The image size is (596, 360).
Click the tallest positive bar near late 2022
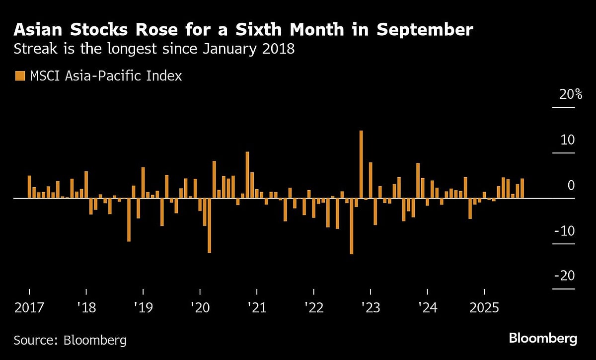[361, 164]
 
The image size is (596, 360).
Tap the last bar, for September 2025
[522, 188]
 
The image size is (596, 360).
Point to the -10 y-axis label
[564, 231]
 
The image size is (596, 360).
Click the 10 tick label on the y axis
[568, 140]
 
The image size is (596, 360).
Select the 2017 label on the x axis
[29, 308]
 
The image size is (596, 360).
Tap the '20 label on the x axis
[200, 308]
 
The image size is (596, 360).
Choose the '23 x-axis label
[371, 308]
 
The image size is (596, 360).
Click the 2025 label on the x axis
[484, 308]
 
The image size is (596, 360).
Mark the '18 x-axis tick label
[86, 308]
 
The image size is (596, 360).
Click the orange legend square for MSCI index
[20, 76]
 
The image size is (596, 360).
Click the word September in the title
[425, 30]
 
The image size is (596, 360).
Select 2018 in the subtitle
[277, 50]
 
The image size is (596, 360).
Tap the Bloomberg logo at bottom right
[543, 339]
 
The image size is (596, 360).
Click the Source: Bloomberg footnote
[70, 340]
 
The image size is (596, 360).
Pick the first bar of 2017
[29, 187]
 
